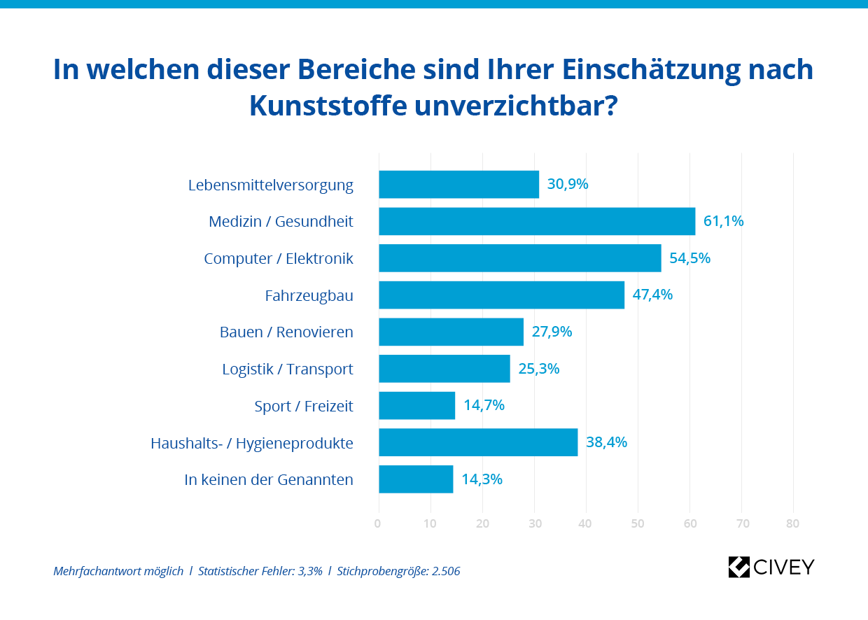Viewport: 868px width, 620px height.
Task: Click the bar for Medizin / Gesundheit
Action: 537,221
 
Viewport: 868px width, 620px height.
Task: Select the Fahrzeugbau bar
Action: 501,295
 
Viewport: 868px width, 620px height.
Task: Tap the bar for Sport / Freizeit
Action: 417,405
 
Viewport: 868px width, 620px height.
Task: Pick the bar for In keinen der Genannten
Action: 416,479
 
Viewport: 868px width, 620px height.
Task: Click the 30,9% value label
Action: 568,185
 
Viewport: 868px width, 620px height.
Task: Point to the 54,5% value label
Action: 689,258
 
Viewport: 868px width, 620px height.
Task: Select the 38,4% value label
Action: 606,442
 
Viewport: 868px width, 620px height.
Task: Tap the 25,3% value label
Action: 539,369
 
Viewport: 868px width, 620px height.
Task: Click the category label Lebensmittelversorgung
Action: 271,185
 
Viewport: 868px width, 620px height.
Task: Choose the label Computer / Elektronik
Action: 279,259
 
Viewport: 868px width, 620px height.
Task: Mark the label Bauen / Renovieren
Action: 286,332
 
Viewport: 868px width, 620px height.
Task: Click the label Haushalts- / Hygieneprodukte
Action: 252,443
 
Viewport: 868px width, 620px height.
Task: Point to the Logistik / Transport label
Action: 288,369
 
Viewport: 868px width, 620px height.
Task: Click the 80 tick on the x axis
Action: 792,523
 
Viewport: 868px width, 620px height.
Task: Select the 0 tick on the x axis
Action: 378,523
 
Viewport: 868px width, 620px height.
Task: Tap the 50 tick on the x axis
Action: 637,523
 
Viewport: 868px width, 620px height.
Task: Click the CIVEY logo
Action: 771,567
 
